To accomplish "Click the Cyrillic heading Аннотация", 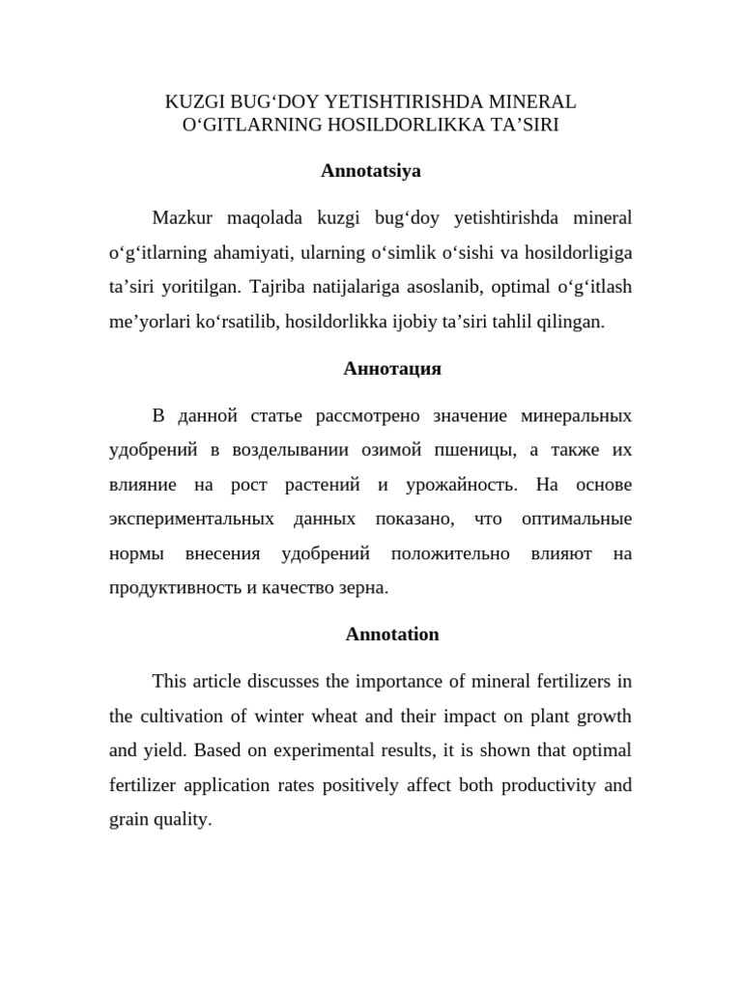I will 392,368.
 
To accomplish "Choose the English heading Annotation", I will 392,635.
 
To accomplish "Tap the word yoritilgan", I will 199,288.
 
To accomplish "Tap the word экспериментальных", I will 191,519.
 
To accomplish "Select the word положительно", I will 450,553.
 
